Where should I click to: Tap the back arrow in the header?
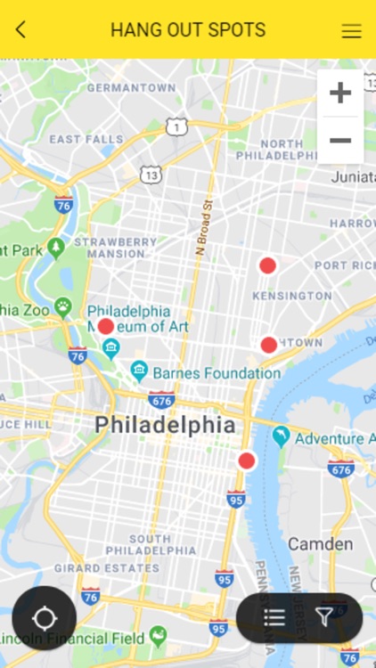(x=20, y=29)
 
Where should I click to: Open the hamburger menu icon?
(x=351, y=30)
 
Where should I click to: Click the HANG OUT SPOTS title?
(x=188, y=29)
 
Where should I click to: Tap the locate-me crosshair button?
(x=44, y=618)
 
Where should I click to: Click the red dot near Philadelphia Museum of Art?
(x=106, y=327)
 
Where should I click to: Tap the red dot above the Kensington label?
(x=267, y=265)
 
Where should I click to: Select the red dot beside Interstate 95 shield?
(x=247, y=460)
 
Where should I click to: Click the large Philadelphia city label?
(x=166, y=425)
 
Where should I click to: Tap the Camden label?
(x=320, y=543)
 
